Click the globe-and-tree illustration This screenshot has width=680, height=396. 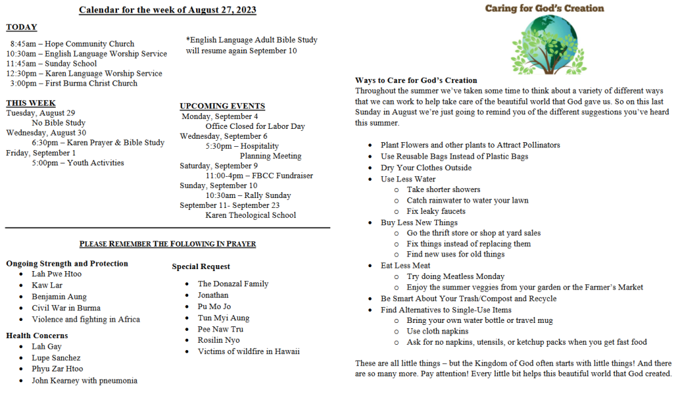tap(544, 44)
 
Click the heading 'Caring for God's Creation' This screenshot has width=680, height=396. tap(544, 9)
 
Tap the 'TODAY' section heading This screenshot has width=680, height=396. tap(21, 27)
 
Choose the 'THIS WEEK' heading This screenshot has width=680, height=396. tap(31, 103)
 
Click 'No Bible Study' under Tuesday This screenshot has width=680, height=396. tap(58, 123)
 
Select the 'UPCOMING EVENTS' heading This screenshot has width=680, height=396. tap(222, 106)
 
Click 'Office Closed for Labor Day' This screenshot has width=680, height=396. tap(255, 126)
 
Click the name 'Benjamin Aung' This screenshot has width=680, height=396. tap(59, 297)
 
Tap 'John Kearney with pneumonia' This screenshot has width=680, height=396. tap(84, 381)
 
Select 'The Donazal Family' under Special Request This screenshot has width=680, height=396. tap(233, 284)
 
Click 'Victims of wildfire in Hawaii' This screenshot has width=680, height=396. tap(248, 351)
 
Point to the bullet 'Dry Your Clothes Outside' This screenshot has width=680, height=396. tap(426, 167)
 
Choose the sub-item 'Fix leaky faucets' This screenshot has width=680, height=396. tap(436, 211)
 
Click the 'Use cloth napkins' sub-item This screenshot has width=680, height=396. tap(437, 331)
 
